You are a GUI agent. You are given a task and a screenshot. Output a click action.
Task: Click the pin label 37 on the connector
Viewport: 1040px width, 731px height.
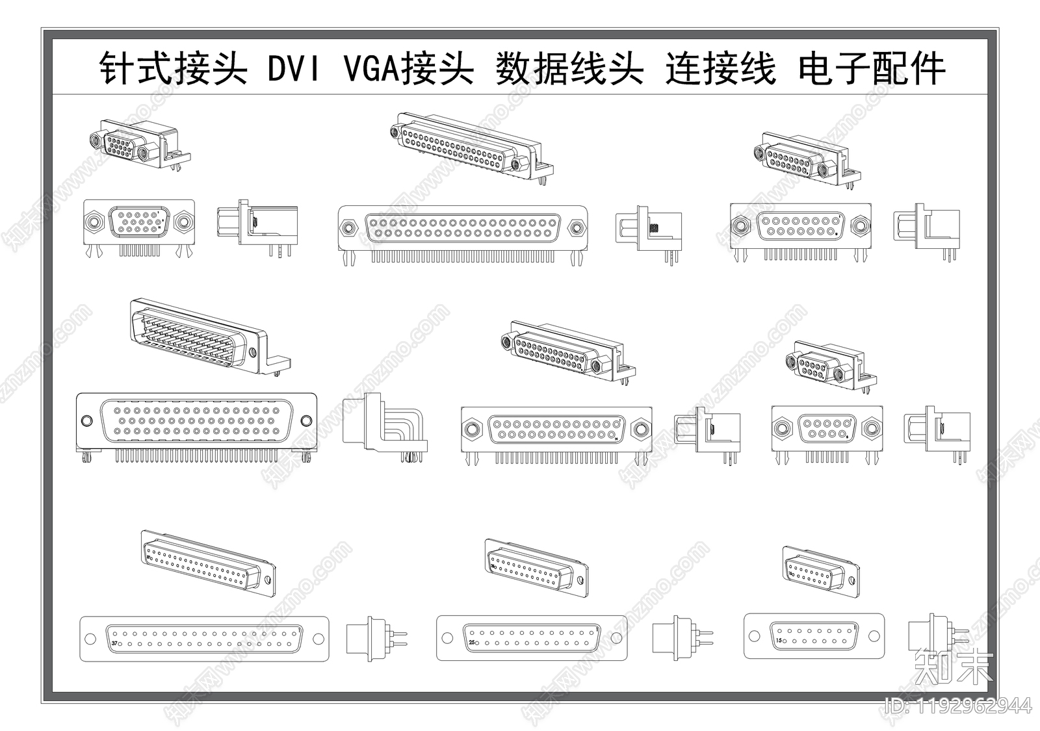coord(115,644)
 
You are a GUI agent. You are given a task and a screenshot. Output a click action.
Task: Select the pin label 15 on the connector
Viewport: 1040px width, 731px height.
coord(778,640)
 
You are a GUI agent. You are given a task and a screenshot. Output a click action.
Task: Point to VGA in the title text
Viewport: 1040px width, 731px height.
coord(370,69)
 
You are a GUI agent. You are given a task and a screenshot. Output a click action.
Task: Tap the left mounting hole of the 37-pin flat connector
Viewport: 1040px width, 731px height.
coord(90,639)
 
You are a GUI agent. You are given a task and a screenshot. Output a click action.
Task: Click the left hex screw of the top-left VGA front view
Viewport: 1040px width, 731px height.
coord(95,222)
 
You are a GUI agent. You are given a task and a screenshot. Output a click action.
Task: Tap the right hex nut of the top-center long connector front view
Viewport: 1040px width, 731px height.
coord(576,228)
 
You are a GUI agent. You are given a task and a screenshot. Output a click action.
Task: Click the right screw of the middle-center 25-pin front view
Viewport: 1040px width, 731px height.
coord(640,430)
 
